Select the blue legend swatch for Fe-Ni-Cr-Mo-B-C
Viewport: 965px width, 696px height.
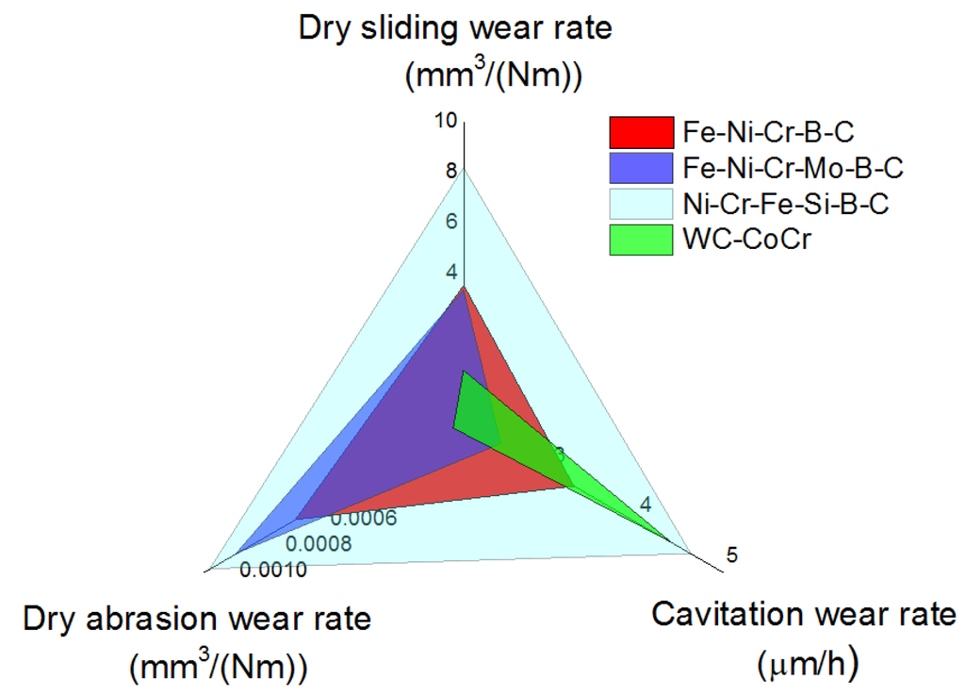click(x=640, y=168)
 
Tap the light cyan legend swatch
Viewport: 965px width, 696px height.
click(x=640, y=204)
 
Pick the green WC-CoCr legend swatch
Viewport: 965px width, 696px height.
click(x=640, y=240)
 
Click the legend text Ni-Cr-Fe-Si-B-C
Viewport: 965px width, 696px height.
click(x=786, y=204)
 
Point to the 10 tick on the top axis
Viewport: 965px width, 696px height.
click(x=445, y=121)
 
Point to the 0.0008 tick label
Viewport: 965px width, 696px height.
click(x=319, y=544)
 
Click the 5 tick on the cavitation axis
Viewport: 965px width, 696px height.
click(x=732, y=555)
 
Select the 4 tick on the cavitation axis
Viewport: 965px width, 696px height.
click(x=645, y=505)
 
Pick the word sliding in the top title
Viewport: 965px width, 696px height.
click(x=405, y=28)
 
